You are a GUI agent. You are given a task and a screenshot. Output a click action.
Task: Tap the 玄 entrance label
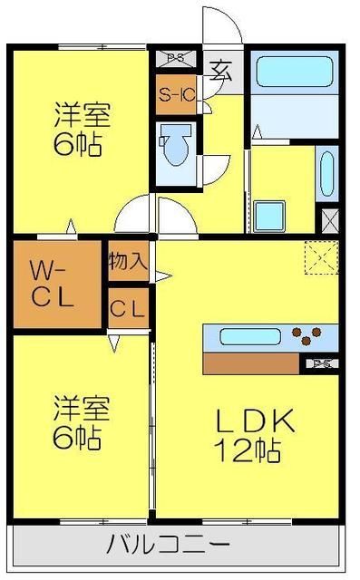pyautogui.click(x=219, y=69)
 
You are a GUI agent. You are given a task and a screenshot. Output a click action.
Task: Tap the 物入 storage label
pyautogui.click(x=128, y=262)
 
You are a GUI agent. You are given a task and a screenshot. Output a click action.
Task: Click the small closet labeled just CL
pyautogui.click(x=127, y=309)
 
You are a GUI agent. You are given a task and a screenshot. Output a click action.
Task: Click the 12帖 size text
pyautogui.click(x=247, y=448)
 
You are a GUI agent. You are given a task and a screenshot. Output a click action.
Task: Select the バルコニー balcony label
pyautogui.click(x=168, y=546)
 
